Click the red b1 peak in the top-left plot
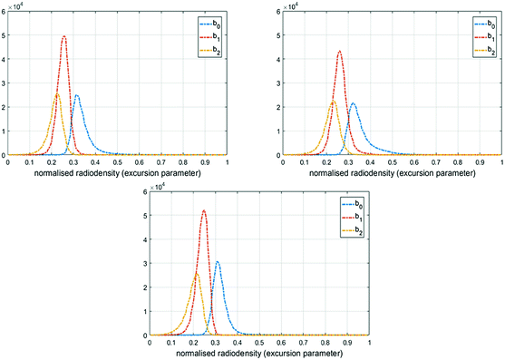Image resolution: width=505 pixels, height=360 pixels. (x=63, y=37)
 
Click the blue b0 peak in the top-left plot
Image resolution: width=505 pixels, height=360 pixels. (x=76, y=95)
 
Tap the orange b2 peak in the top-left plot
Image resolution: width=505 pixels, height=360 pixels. (x=57, y=93)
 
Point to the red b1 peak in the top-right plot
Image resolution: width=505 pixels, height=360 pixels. (x=339, y=51)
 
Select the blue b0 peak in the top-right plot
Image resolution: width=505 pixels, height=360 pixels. (x=353, y=103)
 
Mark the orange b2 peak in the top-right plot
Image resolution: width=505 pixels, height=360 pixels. (x=333, y=101)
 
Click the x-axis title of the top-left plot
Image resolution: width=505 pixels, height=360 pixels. (x=117, y=170)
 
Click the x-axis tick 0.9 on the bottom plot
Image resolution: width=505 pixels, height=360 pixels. (x=347, y=343)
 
